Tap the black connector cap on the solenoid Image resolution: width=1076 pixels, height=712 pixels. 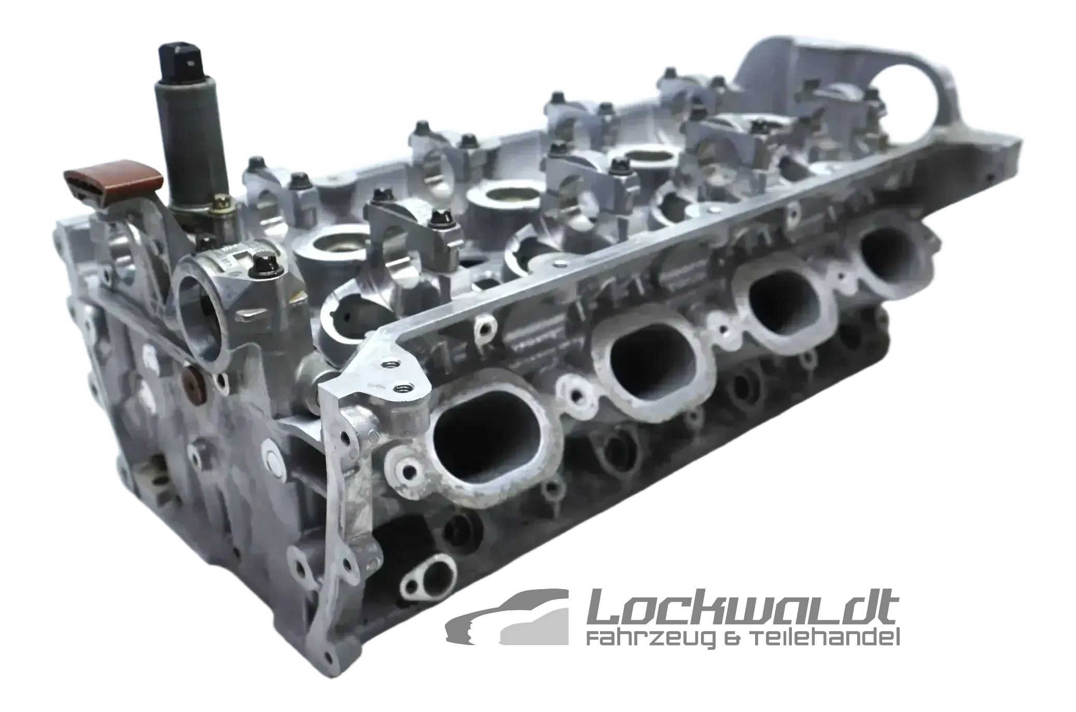185,65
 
